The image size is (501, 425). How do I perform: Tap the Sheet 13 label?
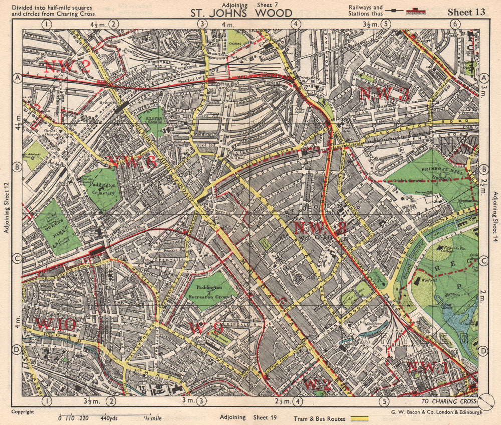(x=466, y=12)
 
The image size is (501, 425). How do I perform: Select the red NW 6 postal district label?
(x=132, y=162)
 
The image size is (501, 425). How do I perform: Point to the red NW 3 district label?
(x=385, y=93)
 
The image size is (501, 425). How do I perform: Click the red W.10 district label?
(x=55, y=324)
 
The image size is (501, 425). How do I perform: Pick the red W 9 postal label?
(x=207, y=328)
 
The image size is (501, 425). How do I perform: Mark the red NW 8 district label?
(x=320, y=228)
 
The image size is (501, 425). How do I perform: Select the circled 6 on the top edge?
(x=455, y=24)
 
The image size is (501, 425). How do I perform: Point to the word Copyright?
(x=23, y=412)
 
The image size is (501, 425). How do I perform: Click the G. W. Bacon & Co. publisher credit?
(x=436, y=412)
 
